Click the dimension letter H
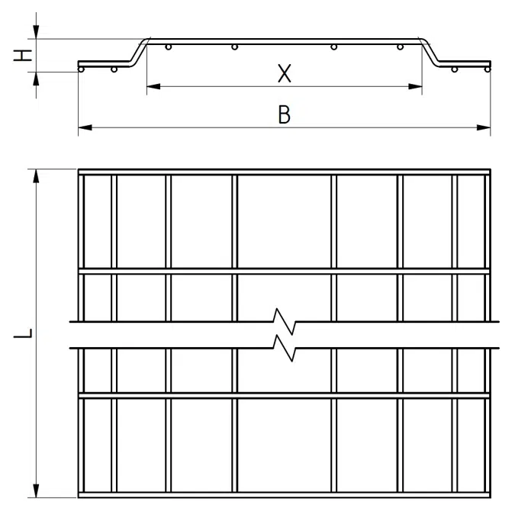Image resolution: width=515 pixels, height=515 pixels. [23, 56]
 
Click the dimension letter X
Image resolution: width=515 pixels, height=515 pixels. [285, 73]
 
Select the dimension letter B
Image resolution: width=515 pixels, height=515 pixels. [285, 114]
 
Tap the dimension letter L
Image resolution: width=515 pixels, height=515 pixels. [23, 333]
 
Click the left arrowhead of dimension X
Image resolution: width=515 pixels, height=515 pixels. [153, 87]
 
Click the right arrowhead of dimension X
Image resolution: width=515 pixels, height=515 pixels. [415, 87]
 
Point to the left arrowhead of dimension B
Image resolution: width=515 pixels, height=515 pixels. [85, 127]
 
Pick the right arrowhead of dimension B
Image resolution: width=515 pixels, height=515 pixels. [484, 127]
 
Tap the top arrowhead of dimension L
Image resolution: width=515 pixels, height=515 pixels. [36, 176]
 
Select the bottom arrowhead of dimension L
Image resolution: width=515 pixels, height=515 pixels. [36, 491]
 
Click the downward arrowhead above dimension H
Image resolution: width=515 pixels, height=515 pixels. [36, 32]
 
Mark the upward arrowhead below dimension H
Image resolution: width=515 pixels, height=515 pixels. [36, 79]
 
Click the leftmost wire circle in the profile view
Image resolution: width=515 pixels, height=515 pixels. [81, 69]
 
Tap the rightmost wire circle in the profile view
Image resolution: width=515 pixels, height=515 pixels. [488, 69]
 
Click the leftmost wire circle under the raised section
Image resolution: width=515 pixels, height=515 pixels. [169, 47]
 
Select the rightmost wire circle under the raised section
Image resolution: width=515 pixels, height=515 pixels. [400, 47]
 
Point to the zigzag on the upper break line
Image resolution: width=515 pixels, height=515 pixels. [285, 321]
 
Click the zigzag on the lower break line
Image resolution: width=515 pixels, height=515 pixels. [285, 348]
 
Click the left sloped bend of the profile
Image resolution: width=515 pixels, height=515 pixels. [138, 53]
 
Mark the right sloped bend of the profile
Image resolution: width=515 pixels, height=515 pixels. [430, 53]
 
